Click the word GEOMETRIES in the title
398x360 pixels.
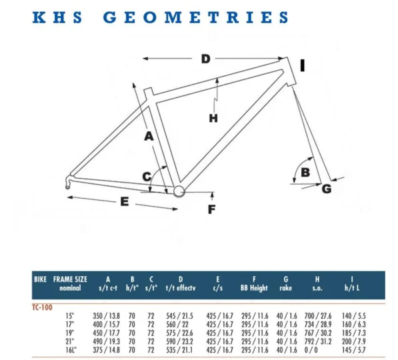[196, 17]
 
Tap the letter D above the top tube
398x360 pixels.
[206, 59]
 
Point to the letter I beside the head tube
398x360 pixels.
[302, 65]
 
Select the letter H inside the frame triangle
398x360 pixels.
[213, 118]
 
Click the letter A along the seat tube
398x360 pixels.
[149, 136]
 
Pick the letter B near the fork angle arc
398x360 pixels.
[305, 173]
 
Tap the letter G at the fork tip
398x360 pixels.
[327, 189]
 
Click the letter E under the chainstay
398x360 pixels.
[125, 201]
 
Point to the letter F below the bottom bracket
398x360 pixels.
[212, 209]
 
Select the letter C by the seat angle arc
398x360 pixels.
[147, 177]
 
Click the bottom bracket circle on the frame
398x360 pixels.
[179, 191]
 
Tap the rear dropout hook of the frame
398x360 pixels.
[69, 182]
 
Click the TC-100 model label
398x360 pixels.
[42, 307]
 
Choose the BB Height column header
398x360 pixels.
[254, 288]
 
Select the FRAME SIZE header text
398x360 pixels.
[70, 279]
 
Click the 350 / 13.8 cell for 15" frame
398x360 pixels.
[107, 316]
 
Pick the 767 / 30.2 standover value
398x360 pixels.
[318, 333]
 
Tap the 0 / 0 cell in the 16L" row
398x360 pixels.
[311, 350]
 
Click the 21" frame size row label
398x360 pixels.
[69, 341]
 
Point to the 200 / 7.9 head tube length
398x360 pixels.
[354, 341]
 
